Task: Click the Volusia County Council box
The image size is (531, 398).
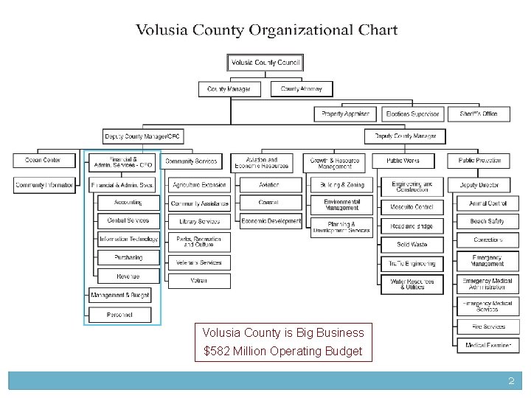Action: tap(265, 63)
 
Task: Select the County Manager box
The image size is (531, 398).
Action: tap(229, 89)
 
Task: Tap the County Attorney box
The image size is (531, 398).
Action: tap(302, 89)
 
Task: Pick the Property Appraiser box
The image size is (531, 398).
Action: tap(345, 114)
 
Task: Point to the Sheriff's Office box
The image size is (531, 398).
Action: tap(479, 114)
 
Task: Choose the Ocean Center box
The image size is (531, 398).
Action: tap(43, 160)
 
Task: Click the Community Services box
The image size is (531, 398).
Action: tap(191, 161)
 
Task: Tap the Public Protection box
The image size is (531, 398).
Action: tap(479, 160)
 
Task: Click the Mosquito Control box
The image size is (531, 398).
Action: tap(412, 207)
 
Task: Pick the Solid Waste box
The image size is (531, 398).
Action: tap(412, 245)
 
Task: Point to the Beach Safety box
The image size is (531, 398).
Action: tap(487, 221)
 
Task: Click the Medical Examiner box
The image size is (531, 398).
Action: tap(487, 345)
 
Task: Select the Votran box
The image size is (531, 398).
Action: tap(199, 281)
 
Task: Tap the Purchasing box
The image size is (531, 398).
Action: tap(128, 258)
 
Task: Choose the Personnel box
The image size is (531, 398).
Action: tap(119, 315)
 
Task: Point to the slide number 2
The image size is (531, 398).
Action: tap(510, 381)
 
